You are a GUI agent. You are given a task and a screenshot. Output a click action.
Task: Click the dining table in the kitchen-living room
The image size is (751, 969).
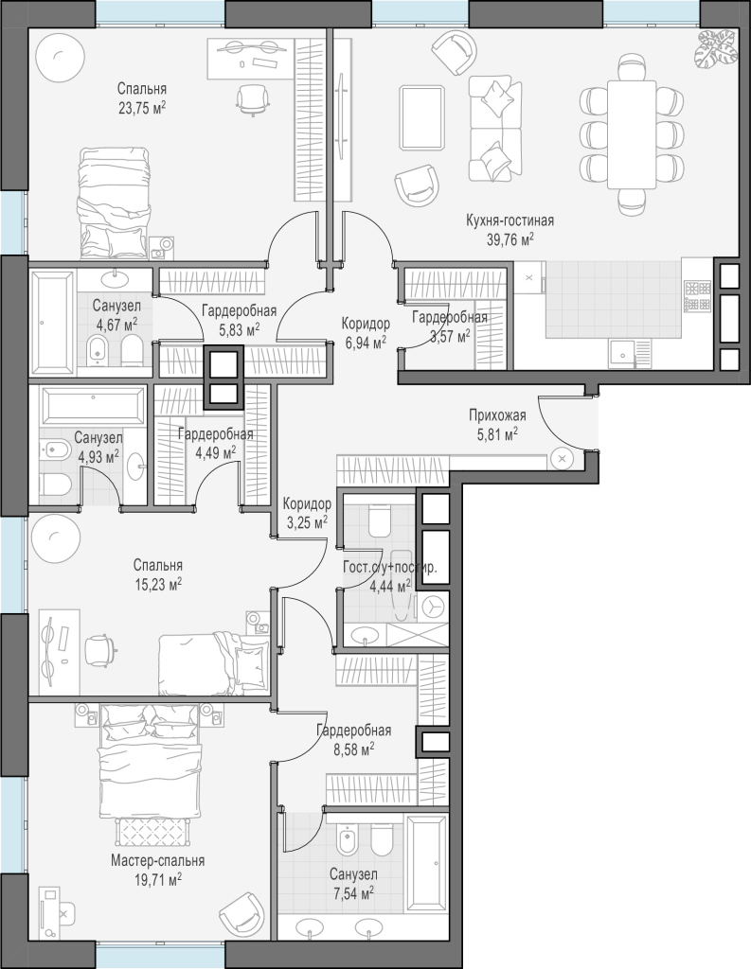[x=631, y=134]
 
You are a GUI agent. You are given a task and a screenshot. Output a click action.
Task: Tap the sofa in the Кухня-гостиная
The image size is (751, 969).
[x=492, y=129]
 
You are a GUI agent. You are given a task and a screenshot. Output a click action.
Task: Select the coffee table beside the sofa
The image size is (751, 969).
[x=422, y=117]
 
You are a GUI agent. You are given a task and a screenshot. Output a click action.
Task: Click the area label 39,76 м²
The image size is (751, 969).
[x=510, y=239]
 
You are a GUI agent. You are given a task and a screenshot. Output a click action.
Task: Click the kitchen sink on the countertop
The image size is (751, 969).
[x=622, y=355]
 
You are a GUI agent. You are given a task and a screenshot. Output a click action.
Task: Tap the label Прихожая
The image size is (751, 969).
[x=497, y=415]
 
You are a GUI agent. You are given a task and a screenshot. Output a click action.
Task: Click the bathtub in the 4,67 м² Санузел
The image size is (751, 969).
[x=53, y=322]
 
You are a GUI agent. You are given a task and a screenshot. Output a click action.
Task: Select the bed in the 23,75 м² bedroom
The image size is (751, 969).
[x=114, y=203]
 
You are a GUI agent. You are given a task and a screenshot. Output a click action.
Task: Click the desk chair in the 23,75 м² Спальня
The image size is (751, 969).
[x=254, y=99]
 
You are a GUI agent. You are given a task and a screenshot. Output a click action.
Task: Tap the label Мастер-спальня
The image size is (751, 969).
[x=158, y=860]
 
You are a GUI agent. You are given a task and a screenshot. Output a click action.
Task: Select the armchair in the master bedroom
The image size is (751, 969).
[x=242, y=916]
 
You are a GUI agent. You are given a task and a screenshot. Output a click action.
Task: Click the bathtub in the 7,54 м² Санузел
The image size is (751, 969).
[x=425, y=863]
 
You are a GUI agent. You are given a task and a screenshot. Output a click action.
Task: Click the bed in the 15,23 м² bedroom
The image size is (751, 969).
[x=214, y=664]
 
